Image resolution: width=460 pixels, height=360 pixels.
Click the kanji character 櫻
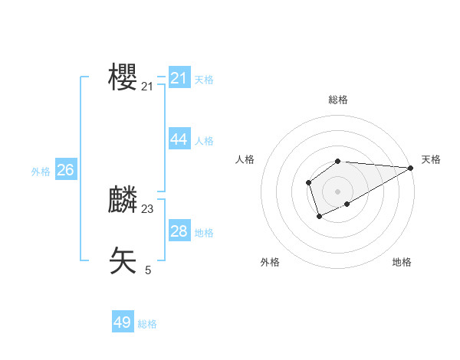pyautogui.click(x=123, y=77)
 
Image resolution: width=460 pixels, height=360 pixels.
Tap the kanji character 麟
pyautogui.click(x=123, y=200)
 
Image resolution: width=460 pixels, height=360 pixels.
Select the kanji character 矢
pyautogui.click(x=123, y=261)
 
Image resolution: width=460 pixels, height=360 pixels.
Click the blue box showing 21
pyautogui.click(x=179, y=77)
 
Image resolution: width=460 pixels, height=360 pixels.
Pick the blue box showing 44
pyautogui.click(x=179, y=139)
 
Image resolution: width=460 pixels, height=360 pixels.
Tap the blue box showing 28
pyautogui.click(x=179, y=231)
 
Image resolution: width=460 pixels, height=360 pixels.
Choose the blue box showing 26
pyautogui.click(x=65, y=170)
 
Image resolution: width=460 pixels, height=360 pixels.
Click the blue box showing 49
pyautogui.click(x=123, y=322)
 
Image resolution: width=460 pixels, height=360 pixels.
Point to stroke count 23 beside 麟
pyautogui.click(x=147, y=208)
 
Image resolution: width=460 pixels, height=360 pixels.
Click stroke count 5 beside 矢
pyautogui.click(x=148, y=270)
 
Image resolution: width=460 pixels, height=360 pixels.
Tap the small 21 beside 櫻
pyautogui.click(x=147, y=87)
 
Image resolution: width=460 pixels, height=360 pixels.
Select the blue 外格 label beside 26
pyautogui.click(x=41, y=172)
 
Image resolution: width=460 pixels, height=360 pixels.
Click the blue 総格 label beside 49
pyautogui.click(x=147, y=325)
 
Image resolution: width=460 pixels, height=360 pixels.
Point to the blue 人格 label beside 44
pyautogui.click(x=204, y=141)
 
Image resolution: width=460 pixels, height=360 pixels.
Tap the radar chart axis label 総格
pyautogui.click(x=338, y=100)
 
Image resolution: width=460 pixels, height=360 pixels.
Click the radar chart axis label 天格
pyautogui.click(x=431, y=159)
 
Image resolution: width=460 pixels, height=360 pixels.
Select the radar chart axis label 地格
pyautogui.click(x=402, y=262)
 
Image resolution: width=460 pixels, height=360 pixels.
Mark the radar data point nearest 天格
pyautogui.click(x=411, y=168)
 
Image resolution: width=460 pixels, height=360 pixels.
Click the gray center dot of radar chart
pyautogui.click(x=338, y=191)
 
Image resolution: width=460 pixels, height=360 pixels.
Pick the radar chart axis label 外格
pyautogui.click(x=270, y=262)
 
